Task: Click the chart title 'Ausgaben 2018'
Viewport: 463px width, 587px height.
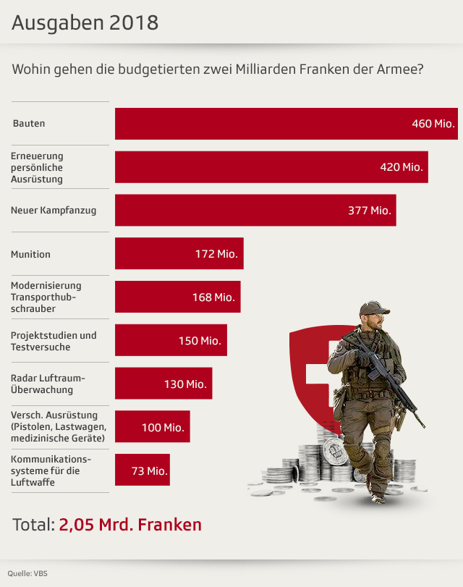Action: [85, 22]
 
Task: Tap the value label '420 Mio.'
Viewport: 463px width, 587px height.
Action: [402, 167]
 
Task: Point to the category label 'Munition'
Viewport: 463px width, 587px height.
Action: [30, 254]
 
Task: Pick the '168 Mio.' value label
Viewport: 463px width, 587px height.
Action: [213, 297]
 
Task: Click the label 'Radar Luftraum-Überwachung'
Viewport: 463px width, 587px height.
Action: [48, 384]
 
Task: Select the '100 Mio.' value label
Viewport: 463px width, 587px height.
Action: [163, 428]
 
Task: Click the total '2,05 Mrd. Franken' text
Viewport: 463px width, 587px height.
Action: [130, 525]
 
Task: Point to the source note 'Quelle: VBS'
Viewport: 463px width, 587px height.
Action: [28, 573]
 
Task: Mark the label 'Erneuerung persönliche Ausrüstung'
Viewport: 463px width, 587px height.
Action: [38, 167]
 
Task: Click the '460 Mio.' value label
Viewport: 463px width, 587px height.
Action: [433, 124]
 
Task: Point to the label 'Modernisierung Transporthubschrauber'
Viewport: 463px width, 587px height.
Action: [46, 297]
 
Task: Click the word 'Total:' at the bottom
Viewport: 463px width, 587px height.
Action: [33, 525]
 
